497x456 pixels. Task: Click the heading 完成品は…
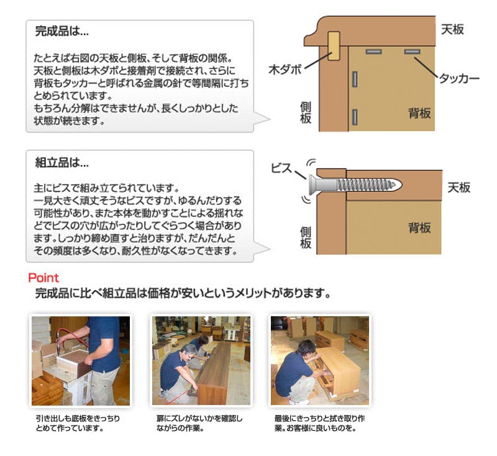[62, 31]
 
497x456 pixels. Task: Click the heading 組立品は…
[62, 163]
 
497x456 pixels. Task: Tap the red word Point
[43, 278]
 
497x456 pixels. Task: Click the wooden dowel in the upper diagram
[334, 45]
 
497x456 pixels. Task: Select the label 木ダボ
[285, 70]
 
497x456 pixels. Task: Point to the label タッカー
[459, 78]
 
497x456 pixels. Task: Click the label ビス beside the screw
[281, 168]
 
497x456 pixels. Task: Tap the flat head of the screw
[313, 185]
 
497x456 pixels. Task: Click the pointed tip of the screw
[400, 185]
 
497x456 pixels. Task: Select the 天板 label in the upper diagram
[452, 29]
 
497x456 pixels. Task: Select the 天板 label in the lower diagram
[458, 188]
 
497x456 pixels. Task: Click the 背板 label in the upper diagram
[419, 113]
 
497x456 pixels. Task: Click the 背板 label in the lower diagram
[419, 228]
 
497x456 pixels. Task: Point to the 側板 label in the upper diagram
[306, 112]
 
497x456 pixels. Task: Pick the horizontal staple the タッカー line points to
[412, 52]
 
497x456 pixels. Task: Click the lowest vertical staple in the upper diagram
[355, 117]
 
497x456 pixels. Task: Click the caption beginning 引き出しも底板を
[78, 423]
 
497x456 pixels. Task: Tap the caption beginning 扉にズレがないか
[199, 423]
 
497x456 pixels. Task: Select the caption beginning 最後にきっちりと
[320, 423]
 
